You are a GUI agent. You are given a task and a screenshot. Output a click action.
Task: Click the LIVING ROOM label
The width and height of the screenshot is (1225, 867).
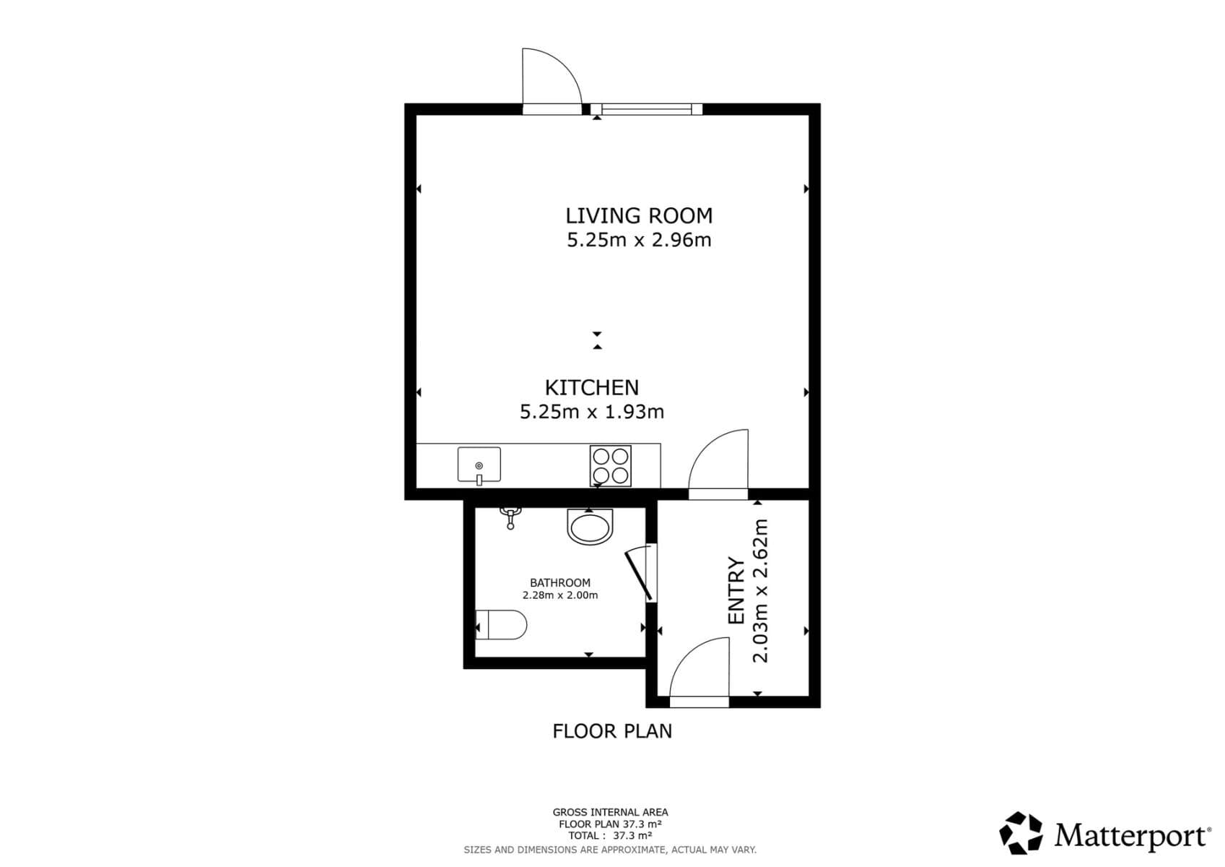click(x=638, y=215)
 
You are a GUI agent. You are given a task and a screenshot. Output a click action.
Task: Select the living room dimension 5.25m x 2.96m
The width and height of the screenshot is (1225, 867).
click(x=638, y=240)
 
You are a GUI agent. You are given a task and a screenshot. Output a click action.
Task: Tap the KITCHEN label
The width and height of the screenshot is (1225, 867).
click(x=591, y=387)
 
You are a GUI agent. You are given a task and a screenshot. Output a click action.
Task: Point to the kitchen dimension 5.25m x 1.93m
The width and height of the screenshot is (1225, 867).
click(x=591, y=412)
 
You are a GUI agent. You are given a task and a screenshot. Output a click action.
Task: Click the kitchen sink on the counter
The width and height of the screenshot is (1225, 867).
click(x=479, y=465)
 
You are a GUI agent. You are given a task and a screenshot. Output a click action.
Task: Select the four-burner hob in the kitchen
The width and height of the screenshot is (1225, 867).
click(x=610, y=465)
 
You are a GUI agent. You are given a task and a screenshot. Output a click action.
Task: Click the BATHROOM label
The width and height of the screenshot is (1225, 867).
click(x=559, y=582)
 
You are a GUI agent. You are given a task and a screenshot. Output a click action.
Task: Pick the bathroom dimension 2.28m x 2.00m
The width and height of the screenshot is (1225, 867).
click(x=559, y=595)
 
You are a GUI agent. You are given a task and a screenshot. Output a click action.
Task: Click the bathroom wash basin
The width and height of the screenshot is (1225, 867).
click(x=590, y=526)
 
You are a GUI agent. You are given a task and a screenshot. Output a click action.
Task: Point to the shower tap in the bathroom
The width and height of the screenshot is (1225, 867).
click(x=510, y=517)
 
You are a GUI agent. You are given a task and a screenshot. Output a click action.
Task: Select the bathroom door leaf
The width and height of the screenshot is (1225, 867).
click(x=640, y=574)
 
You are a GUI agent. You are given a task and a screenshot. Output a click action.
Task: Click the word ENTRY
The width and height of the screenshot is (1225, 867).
click(x=736, y=590)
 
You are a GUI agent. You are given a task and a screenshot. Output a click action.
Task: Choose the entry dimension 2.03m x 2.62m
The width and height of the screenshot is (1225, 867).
click(x=761, y=590)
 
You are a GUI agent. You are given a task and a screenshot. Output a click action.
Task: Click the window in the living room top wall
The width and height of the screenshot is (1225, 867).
click(x=646, y=109)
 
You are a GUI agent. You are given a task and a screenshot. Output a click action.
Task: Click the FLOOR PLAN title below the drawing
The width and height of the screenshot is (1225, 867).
click(x=611, y=731)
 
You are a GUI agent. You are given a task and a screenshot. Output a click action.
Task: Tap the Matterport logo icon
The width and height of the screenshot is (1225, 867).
click(x=1021, y=833)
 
